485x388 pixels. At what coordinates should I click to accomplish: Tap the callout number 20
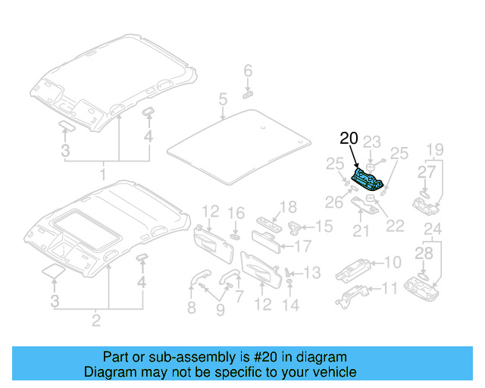click(349, 139)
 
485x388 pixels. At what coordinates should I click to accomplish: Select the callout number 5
click(223, 99)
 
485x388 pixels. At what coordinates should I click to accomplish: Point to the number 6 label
click(247, 71)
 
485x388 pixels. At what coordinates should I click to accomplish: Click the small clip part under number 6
click(249, 94)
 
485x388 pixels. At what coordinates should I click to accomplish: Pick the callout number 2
click(96, 321)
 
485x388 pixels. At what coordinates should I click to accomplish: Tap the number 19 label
click(433, 149)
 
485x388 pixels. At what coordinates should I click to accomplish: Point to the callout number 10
click(392, 263)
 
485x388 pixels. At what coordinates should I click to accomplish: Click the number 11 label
click(390, 288)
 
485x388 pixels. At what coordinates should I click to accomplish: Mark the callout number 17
click(302, 246)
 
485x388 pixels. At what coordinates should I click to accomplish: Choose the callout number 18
click(287, 208)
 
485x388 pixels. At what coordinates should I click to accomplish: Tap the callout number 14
click(291, 305)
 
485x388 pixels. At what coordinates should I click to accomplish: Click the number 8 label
click(191, 308)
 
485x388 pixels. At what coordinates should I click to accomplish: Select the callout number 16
click(237, 213)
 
